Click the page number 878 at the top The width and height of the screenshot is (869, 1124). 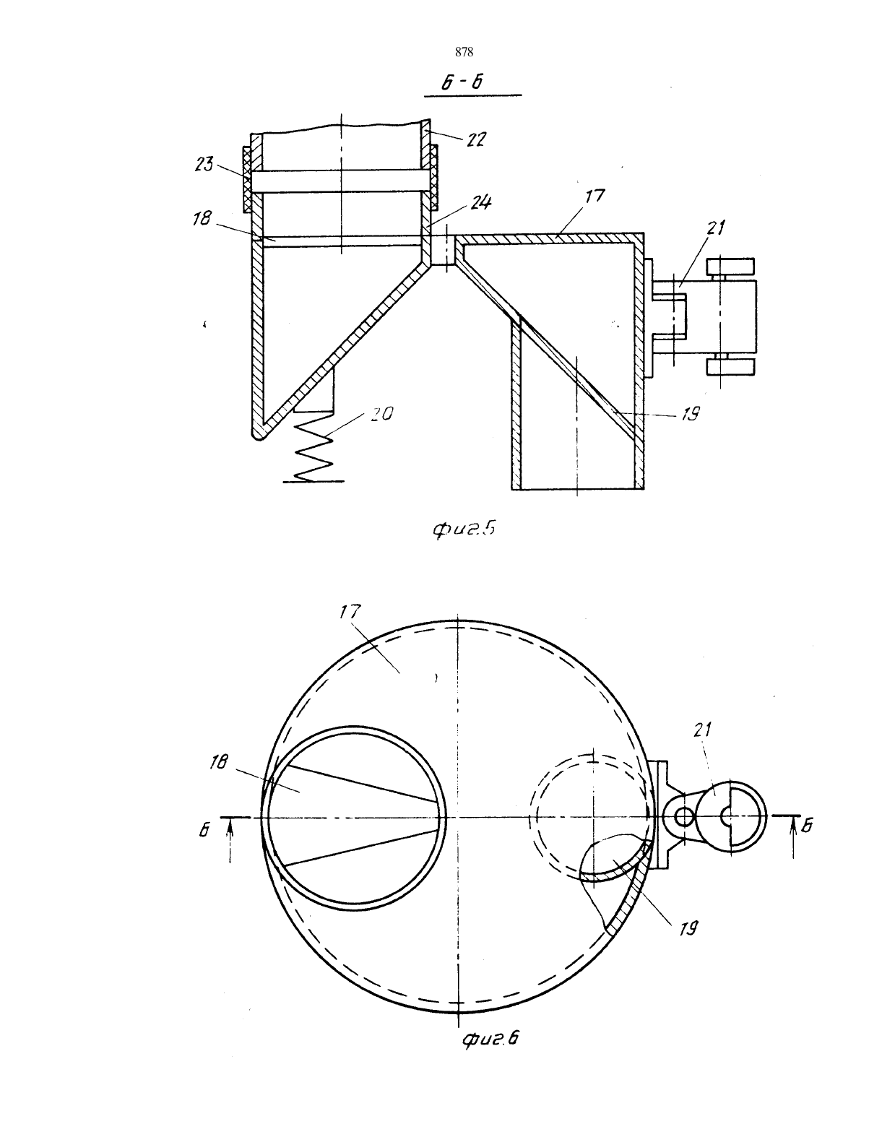(x=464, y=52)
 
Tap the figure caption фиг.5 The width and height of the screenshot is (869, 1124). (x=464, y=529)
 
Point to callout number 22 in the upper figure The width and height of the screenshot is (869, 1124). (x=476, y=139)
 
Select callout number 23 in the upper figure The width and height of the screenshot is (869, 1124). (x=204, y=165)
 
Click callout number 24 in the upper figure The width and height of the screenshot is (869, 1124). (x=480, y=202)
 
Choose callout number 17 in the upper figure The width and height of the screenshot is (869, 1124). (x=595, y=196)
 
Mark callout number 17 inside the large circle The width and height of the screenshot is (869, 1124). (x=350, y=613)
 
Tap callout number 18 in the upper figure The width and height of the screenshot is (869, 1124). (x=202, y=218)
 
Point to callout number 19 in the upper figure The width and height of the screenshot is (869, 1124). (x=690, y=414)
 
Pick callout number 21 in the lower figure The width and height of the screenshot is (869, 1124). (x=702, y=730)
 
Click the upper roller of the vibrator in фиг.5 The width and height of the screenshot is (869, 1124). (x=730, y=268)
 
